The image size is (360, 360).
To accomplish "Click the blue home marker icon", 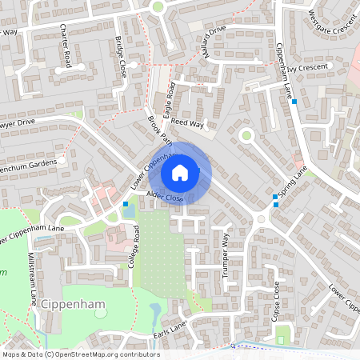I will coord(179,172).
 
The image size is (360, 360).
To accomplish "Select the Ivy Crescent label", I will coord(309,69).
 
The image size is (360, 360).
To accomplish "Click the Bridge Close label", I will coord(121,57).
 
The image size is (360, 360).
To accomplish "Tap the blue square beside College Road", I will coord(126,205).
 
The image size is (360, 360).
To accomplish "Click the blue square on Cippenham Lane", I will coord(294,102).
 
